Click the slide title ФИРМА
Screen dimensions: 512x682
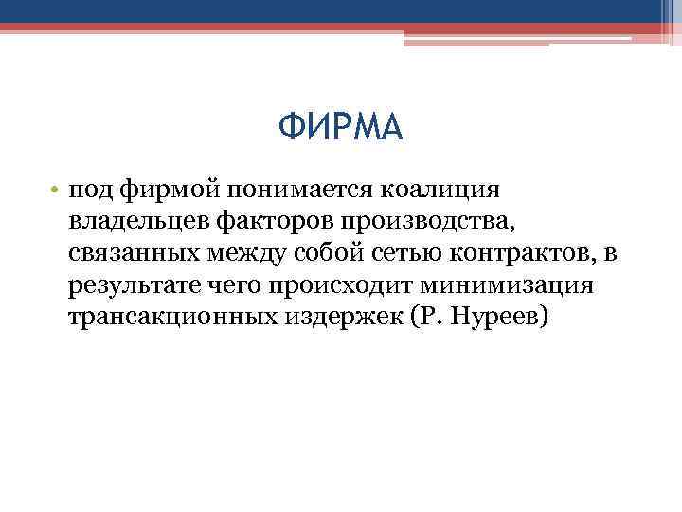(341, 127)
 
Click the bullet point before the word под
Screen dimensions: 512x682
(58, 190)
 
